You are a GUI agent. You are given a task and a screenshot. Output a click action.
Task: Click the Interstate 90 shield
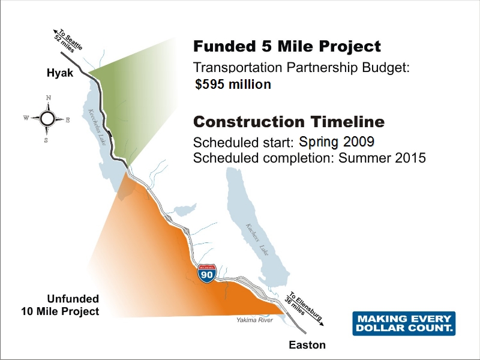click(x=207, y=274)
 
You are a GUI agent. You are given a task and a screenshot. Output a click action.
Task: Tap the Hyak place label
click(x=60, y=73)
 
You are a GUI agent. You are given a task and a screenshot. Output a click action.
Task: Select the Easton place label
click(x=307, y=345)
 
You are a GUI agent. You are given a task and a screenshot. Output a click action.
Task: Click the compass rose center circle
click(x=47, y=119)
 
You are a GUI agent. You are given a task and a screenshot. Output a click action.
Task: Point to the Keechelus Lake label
click(x=97, y=127)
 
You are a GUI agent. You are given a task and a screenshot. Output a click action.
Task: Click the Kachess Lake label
click(x=257, y=239)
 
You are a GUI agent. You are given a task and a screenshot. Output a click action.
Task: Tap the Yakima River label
click(x=254, y=320)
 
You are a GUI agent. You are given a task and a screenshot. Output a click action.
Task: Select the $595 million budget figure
click(x=233, y=84)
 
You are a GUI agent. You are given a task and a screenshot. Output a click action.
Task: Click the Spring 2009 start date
click(x=337, y=142)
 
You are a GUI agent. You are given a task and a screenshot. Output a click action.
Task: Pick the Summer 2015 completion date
click(x=382, y=158)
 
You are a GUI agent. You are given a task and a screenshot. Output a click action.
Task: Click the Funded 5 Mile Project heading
click(x=287, y=46)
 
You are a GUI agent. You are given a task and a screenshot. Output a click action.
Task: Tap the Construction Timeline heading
click(x=289, y=122)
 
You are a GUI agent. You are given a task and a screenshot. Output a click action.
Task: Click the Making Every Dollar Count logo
click(x=404, y=323)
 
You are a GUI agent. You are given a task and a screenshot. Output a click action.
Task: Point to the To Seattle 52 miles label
click(x=68, y=41)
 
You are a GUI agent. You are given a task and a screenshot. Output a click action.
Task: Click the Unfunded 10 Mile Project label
click(x=61, y=305)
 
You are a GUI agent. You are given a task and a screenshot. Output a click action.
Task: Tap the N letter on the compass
click(x=49, y=98)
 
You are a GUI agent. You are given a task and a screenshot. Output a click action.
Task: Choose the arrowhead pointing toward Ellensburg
click(x=321, y=323)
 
